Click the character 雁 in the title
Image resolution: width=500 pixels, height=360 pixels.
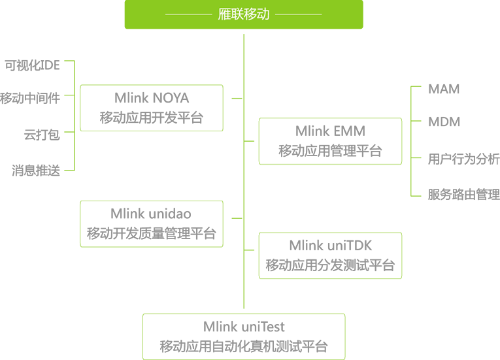[224, 14]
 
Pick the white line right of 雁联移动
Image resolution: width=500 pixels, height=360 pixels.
[298, 14]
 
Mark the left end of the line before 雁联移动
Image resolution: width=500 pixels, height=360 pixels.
[166, 14]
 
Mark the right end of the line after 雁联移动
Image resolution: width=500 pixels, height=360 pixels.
[321, 14]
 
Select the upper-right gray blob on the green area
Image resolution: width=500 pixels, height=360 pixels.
[331, 142]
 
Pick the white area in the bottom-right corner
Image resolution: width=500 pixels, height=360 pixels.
[451, 301]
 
